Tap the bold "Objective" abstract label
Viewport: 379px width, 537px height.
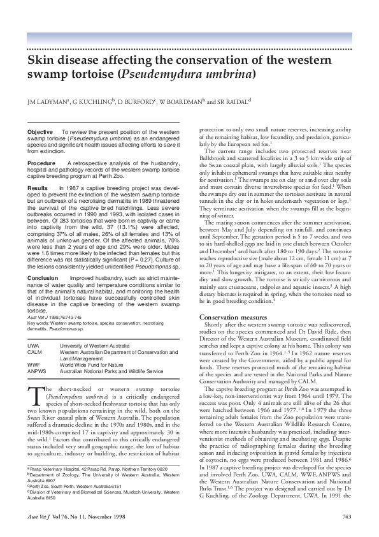pos(39,131)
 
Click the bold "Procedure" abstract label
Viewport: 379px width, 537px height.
pos(41,163)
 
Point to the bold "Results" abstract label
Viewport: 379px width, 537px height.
pos(38,189)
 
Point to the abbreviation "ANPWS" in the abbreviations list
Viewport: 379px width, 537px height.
pos(36,371)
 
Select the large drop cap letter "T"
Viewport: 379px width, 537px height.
pos(32,393)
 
